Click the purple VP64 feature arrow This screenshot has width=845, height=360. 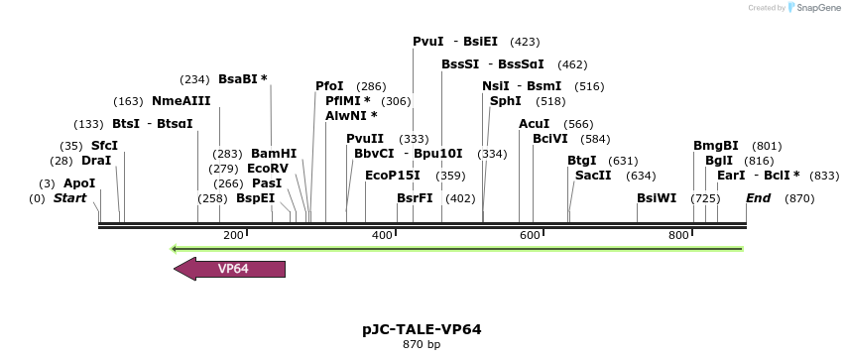pyautogui.click(x=230, y=269)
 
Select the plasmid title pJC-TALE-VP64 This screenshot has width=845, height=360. pyautogui.click(x=422, y=329)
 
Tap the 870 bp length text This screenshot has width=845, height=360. pyautogui.click(x=422, y=345)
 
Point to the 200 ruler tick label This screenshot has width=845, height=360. pyautogui.click(x=233, y=235)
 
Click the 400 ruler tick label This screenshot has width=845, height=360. pyautogui.click(x=382, y=235)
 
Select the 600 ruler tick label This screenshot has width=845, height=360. pyautogui.click(x=530, y=235)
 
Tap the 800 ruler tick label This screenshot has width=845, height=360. pyautogui.click(x=678, y=235)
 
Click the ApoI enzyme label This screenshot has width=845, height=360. pyautogui.click(x=79, y=183)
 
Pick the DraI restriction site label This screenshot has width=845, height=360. pyautogui.click(x=96, y=160)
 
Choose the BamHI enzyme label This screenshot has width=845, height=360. pyautogui.click(x=274, y=154)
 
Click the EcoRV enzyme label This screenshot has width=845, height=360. pyautogui.click(x=268, y=169)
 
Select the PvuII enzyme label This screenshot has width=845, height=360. pyautogui.click(x=365, y=138)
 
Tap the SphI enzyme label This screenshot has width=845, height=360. pyautogui.click(x=506, y=101)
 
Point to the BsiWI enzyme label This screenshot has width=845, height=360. pyautogui.click(x=657, y=198)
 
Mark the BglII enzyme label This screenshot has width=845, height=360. pyautogui.click(x=719, y=161)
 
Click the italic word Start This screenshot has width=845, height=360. pyautogui.click(x=69, y=198)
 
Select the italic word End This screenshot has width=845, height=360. pyautogui.click(x=758, y=198)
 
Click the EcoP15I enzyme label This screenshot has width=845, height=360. pyautogui.click(x=393, y=176)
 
